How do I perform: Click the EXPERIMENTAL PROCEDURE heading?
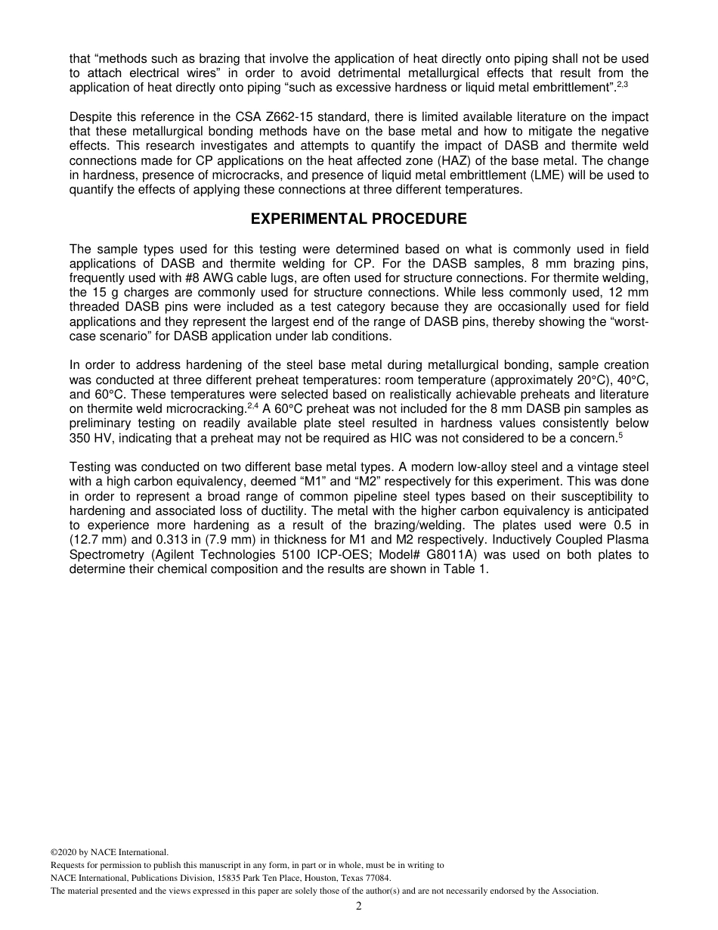358,219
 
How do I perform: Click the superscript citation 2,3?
622,85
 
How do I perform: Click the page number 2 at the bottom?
359,907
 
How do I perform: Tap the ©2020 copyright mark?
64,852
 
